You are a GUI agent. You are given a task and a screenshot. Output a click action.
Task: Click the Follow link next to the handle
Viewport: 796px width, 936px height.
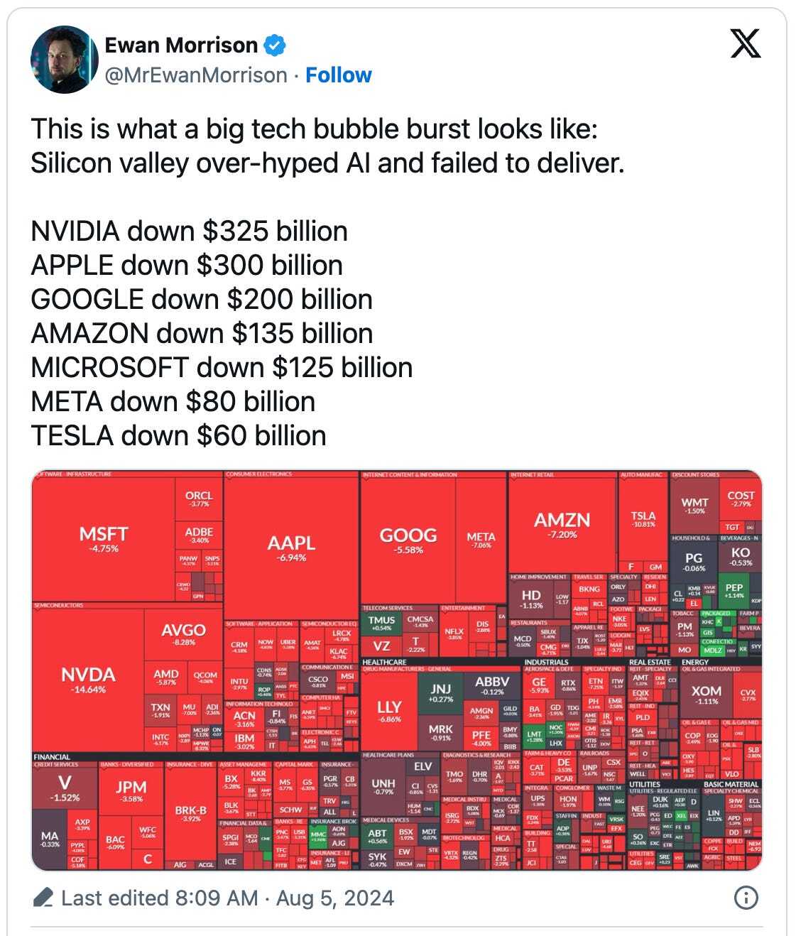(x=338, y=75)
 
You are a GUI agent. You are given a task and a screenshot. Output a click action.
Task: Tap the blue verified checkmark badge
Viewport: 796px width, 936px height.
(x=275, y=45)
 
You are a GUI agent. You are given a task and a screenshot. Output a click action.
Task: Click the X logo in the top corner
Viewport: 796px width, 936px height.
(x=745, y=43)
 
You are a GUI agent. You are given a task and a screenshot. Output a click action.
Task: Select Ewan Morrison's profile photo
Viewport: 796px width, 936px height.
(x=64, y=60)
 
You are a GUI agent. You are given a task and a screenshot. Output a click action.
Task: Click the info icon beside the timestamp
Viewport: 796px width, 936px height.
(x=745, y=898)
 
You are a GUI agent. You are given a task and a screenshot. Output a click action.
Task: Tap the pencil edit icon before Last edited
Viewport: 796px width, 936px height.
(x=43, y=898)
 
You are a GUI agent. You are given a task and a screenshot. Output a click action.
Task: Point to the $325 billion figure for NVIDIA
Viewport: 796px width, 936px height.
(x=275, y=232)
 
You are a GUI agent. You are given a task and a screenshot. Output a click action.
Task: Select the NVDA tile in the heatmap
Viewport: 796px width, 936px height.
(x=88, y=678)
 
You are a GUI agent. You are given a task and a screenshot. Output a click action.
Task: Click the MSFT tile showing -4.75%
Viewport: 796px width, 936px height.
(x=104, y=538)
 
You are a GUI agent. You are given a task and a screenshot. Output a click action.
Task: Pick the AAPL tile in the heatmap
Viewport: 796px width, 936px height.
(x=291, y=547)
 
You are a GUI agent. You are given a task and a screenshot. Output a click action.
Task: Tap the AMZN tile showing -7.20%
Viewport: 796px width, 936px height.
(x=562, y=524)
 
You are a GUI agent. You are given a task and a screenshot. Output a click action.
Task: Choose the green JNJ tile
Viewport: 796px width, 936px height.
(x=440, y=692)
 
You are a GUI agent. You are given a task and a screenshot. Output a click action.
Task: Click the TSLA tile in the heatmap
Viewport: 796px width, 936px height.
(x=643, y=519)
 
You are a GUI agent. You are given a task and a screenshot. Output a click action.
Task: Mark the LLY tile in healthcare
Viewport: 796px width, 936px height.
(x=389, y=710)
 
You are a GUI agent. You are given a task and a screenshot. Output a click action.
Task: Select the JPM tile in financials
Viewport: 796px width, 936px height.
(x=131, y=790)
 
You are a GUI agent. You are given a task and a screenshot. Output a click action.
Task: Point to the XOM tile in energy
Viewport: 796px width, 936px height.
(x=706, y=695)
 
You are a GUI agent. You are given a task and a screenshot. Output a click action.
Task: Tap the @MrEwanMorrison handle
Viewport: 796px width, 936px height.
(x=196, y=75)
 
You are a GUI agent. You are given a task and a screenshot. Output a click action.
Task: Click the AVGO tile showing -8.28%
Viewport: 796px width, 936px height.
(x=183, y=634)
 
